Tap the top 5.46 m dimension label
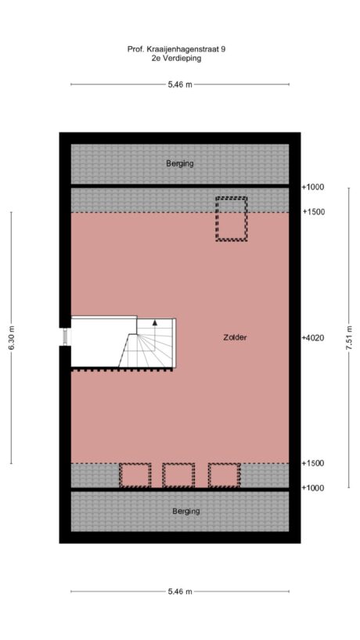coord(179,84)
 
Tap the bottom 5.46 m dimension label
coord(179,591)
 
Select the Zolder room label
coord(235,337)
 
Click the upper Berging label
coord(179,164)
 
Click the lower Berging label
coord(185,511)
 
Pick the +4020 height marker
coord(313,337)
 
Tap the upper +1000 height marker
coord(313,187)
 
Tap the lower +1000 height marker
coord(313,487)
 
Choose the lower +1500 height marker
coord(313,463)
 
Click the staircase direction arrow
coord(155,322)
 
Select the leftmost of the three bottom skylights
coord(135,475)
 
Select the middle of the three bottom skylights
coord(178,475)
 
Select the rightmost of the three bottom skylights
coord(224,475)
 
